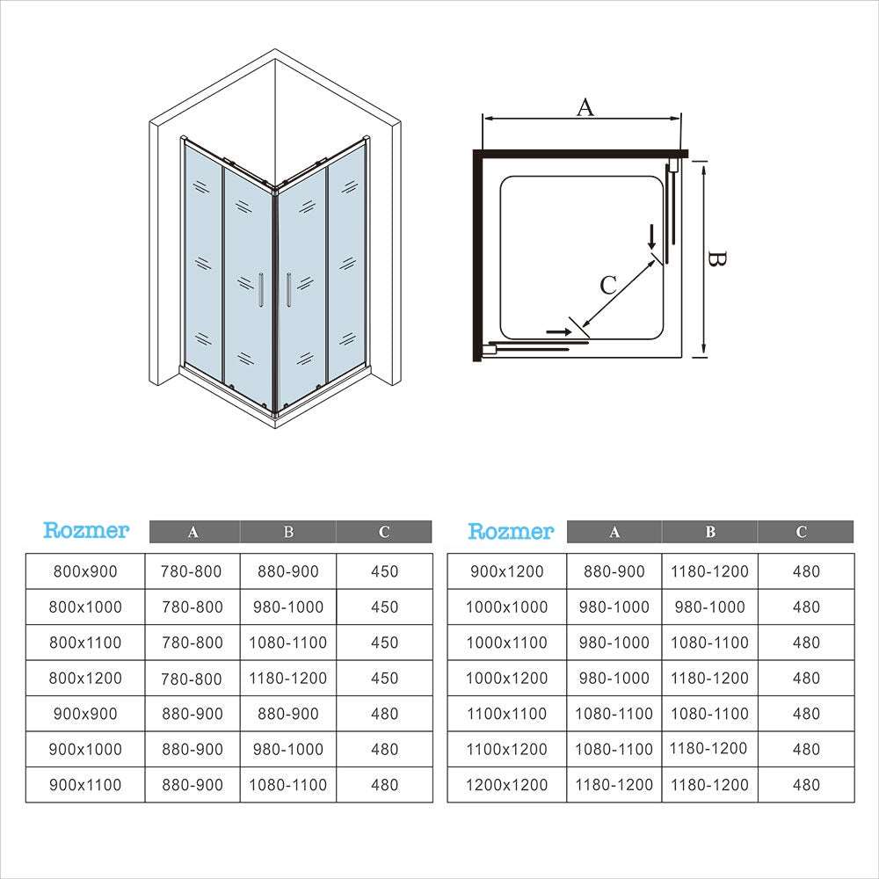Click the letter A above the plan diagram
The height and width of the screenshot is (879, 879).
click(x=585, y=107)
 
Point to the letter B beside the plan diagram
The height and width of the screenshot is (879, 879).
click(x=716, y=259)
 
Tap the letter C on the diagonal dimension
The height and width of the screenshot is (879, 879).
click(x=608, y=286)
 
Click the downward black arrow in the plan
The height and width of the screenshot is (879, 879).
click(x=650, y=237)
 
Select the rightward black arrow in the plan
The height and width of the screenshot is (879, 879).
click(x=558, y=332)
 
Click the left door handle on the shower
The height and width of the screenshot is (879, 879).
click(x=261, y=290)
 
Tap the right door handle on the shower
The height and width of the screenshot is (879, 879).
click(x=288, y=290)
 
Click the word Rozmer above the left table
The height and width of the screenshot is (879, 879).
click(x=86, y=530)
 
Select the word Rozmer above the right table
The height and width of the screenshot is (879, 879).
click(x=511, y=530)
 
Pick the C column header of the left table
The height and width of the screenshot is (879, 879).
click(x=384, y=532)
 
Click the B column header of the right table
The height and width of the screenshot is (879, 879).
click(x=710, y=532)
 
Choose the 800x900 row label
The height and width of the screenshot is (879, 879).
click(x=85, y=571)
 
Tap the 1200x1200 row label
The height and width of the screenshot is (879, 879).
click(x=507, y=785)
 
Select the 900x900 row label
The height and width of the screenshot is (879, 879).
click(x=85, y=714)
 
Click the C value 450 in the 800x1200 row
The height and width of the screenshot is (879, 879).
click(x=385, y=679)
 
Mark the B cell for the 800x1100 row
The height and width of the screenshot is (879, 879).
click(x=288, y=643)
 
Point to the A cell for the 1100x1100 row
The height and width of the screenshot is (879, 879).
click(x=614, y=714)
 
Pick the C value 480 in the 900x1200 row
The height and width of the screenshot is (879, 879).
click(x=806, y=571)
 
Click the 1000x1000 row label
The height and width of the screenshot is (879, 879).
click(x=507, y=607)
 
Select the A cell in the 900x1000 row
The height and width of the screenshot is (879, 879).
click(x=193, y=750)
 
